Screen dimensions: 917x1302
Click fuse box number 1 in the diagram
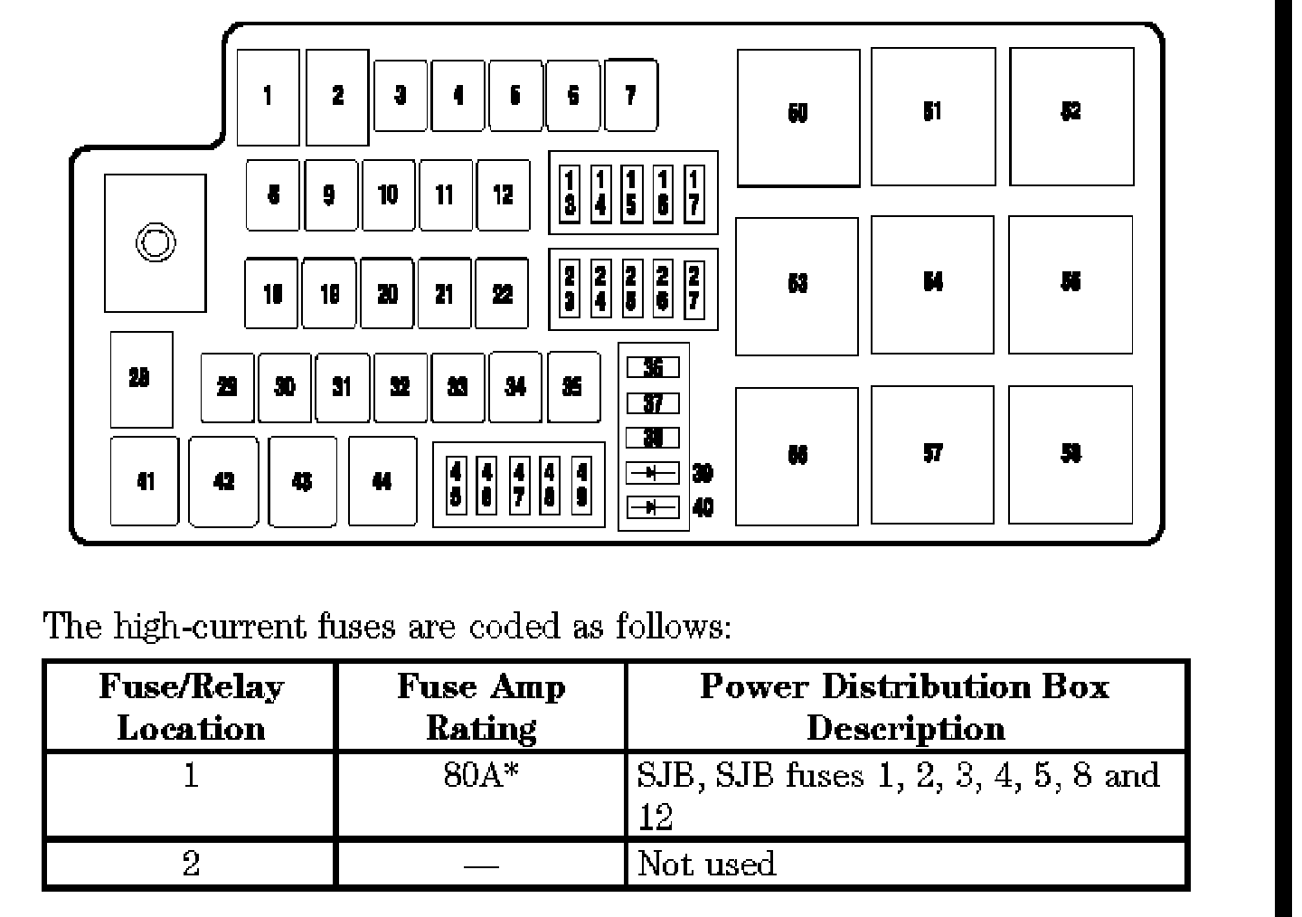(x=268, y=97)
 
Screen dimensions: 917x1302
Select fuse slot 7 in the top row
(x=631, y=95)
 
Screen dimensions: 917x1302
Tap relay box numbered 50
(x=798, y=117)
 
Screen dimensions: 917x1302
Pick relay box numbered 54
(x=932, y=284)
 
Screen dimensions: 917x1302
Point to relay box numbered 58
(x=1071, y=455)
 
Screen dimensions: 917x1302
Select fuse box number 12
(x=503, y=194)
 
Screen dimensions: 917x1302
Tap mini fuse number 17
(x=693, y=193)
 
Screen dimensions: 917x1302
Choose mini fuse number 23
(x=571, y=289)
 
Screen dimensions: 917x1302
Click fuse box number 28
(x=140, y=379)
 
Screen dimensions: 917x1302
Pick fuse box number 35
(x=572, y=387)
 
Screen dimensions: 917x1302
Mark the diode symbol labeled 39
(x=652, y=472)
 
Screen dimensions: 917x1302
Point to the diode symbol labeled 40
(x=652, y=507)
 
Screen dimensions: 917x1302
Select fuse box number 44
(x=382, y=481)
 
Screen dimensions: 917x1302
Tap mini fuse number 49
(x=581, y=485)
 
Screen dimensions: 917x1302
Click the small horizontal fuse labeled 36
(x=652, y=367)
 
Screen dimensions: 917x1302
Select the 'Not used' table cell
(x=707, y=864)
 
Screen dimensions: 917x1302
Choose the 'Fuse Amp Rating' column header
(x=480, y=706)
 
